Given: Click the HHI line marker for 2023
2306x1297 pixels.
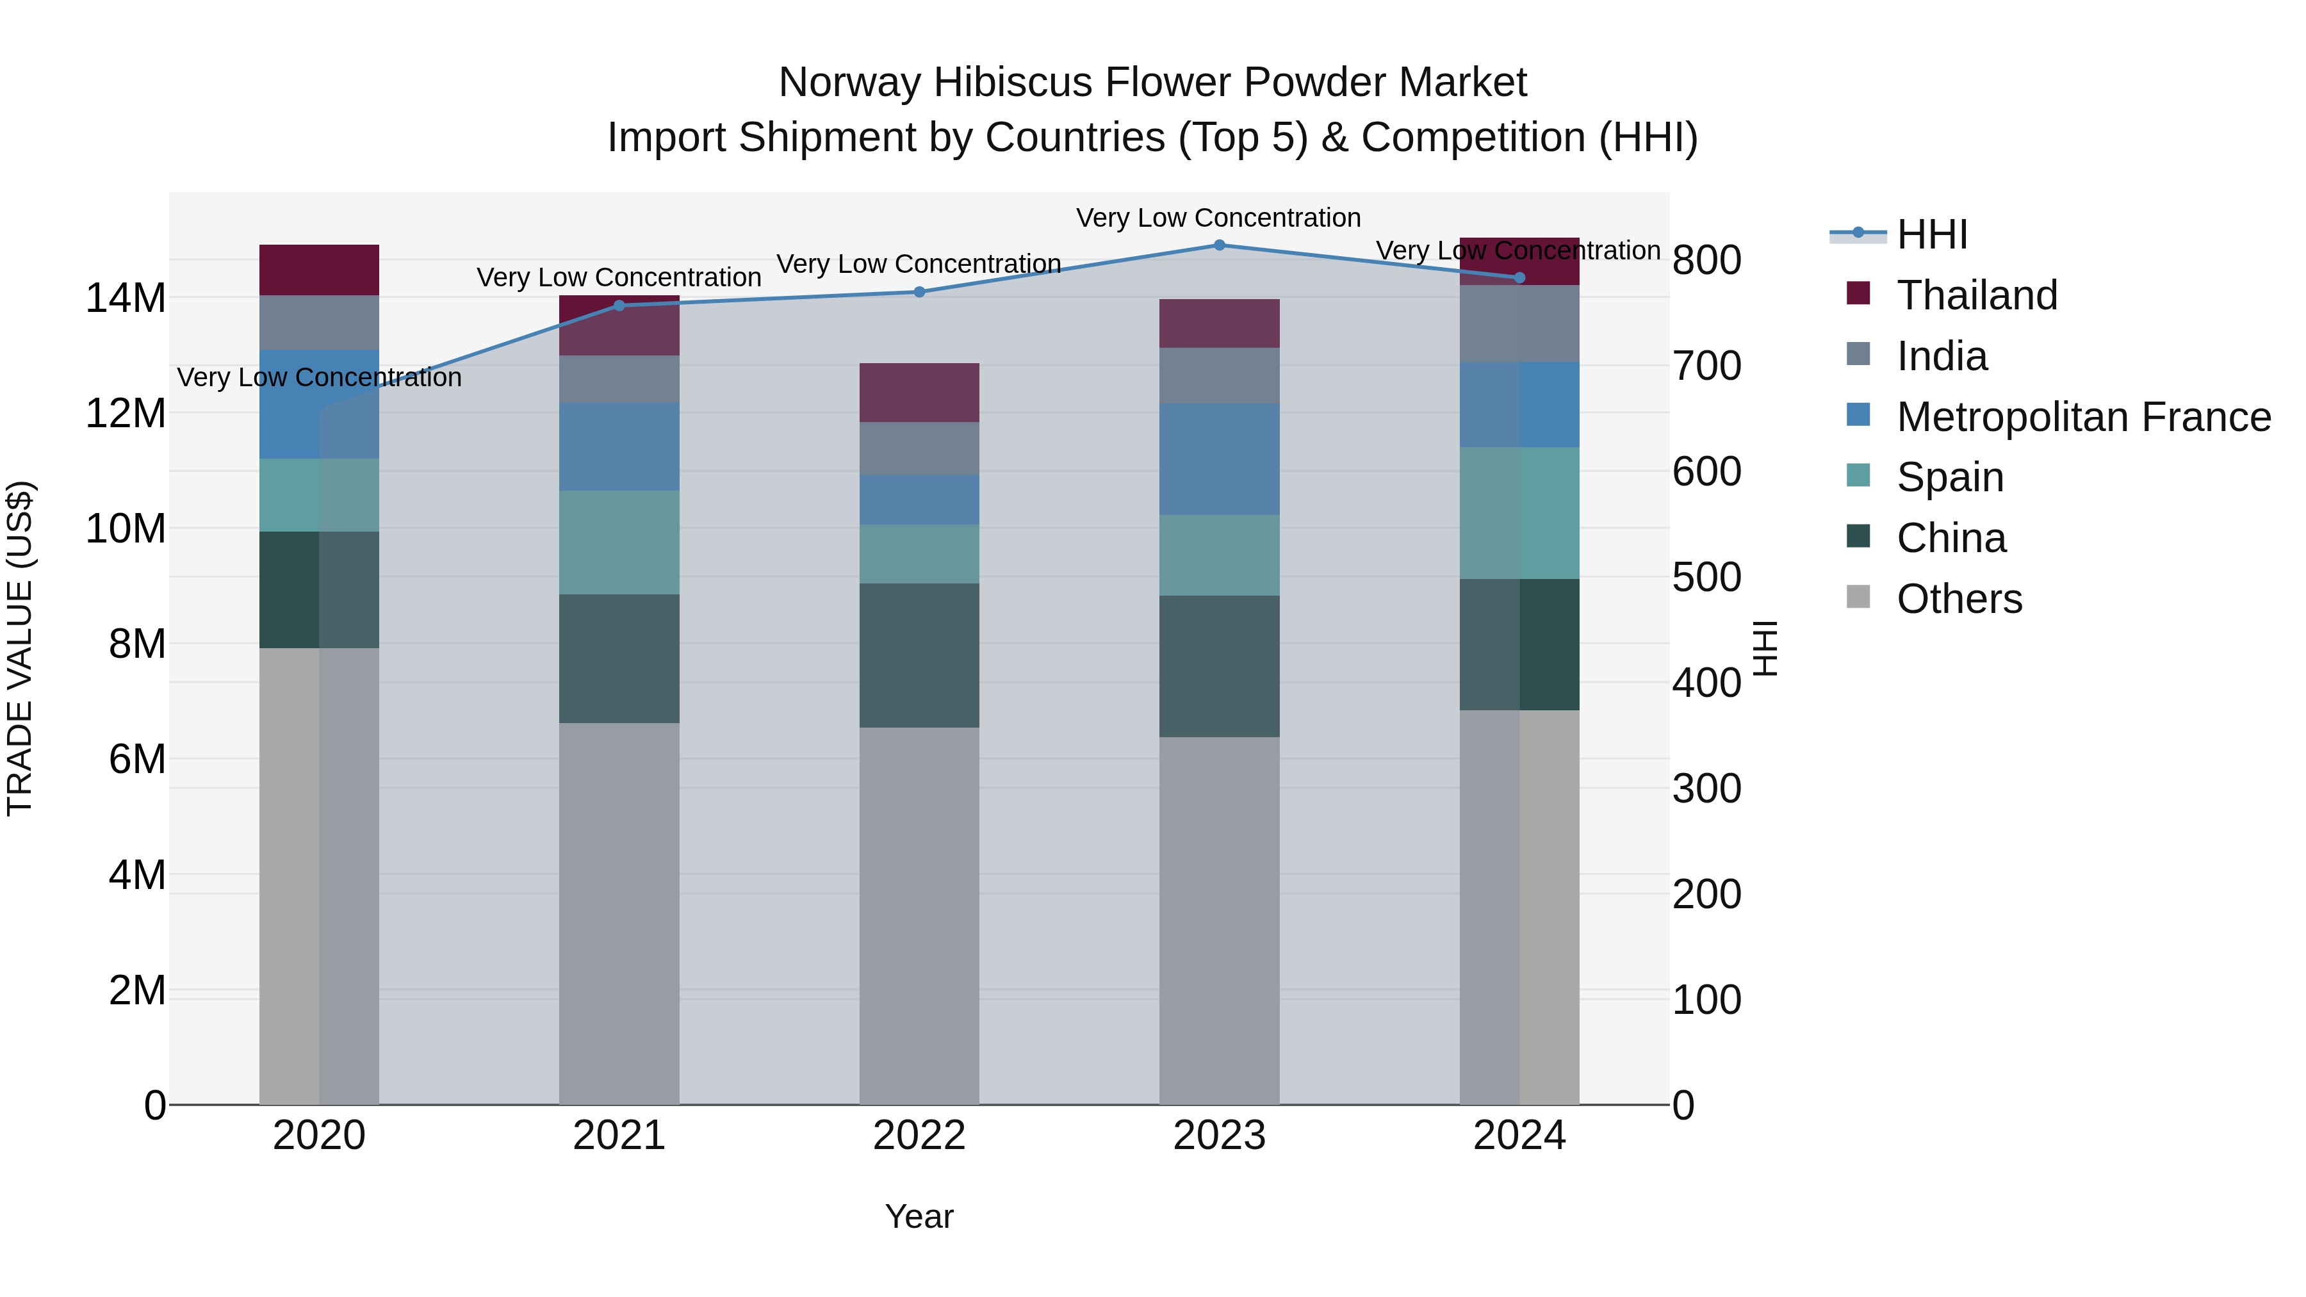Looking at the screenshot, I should point(1219,245).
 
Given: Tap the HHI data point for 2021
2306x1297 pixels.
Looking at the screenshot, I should point(619,306).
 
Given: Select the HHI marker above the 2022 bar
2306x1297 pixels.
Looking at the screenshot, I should point(919,292).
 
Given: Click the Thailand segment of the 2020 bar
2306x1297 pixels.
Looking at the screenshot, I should point(320,270).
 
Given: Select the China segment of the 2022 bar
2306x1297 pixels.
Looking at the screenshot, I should point(919,655).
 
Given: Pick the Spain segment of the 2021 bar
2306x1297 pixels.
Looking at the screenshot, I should point(619,542).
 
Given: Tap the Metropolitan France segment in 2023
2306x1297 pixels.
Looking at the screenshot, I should point(1219,459).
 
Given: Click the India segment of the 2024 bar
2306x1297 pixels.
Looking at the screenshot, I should point(1519,324).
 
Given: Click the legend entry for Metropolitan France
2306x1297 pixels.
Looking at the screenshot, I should point(2083,417).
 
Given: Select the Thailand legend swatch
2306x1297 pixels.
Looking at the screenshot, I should point(1858,293).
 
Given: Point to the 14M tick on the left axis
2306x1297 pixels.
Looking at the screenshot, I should point(126,298).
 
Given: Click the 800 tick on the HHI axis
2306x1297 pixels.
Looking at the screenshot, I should point(1706,261).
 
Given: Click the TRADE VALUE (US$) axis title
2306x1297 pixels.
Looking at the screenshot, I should point(20,648).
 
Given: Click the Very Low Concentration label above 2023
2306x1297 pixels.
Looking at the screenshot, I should point(1218,218).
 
